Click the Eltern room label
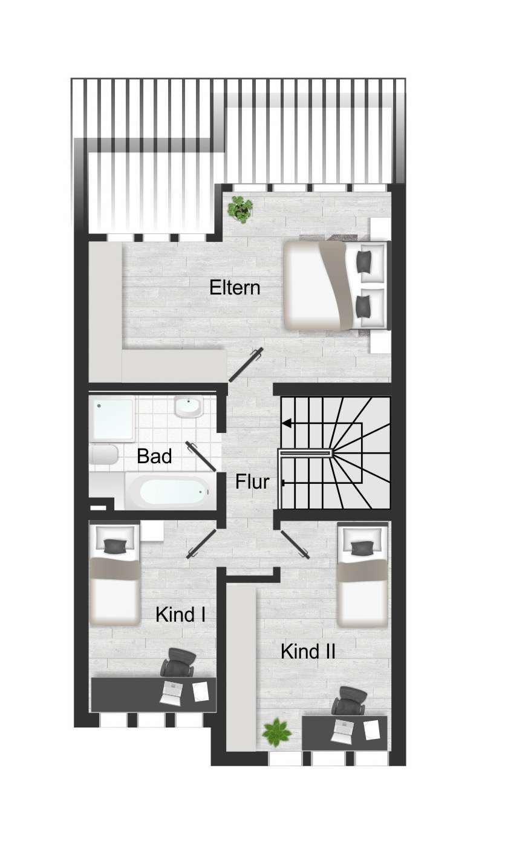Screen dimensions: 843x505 point(235,287)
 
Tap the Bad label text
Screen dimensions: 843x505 point(154,456)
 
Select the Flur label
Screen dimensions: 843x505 point(252,483)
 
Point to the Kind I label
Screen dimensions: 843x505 point(181,615)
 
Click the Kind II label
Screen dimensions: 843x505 point(308,651)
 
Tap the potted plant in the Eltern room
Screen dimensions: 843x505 point(239,209)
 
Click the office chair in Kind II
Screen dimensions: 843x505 point(350,702)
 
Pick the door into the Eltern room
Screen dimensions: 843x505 point(246,365)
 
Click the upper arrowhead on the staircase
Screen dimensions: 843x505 point(287,423)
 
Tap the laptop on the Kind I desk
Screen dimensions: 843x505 point(172,693)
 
